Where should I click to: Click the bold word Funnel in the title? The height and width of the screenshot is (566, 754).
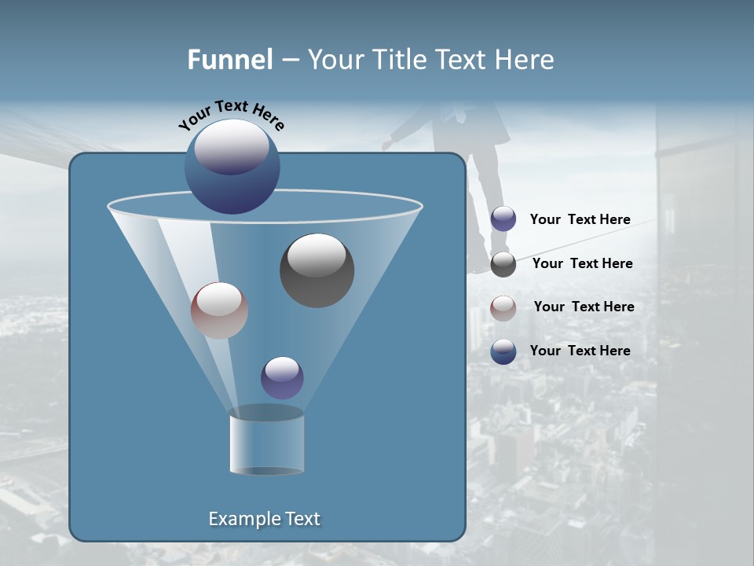[x=230, y=60]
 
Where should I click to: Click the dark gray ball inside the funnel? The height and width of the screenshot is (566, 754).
[x=317, y=270]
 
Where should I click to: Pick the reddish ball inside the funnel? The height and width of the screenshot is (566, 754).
[x=219, y=311]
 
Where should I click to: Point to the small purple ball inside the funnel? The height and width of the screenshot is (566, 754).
[x=282, y=377]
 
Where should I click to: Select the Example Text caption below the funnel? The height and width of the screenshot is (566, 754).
[x=265, y=519]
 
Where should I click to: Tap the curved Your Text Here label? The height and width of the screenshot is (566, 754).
[x=231, y=113]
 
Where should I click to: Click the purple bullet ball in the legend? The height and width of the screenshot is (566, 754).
[x=503, y=219]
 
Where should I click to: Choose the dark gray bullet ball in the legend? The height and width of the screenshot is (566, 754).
[x=503, y=264]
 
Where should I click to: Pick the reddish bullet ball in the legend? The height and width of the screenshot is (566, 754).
[x=503, y=308]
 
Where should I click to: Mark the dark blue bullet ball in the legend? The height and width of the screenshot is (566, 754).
[x=503, y=351]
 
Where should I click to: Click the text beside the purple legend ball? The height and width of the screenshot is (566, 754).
[x=580, y=220]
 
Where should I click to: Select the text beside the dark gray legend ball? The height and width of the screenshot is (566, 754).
[x=582, y=263]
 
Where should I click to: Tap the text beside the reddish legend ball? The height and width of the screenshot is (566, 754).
[x=584, y=307]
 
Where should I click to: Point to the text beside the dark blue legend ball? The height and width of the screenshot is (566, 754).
[x=580, y=351]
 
